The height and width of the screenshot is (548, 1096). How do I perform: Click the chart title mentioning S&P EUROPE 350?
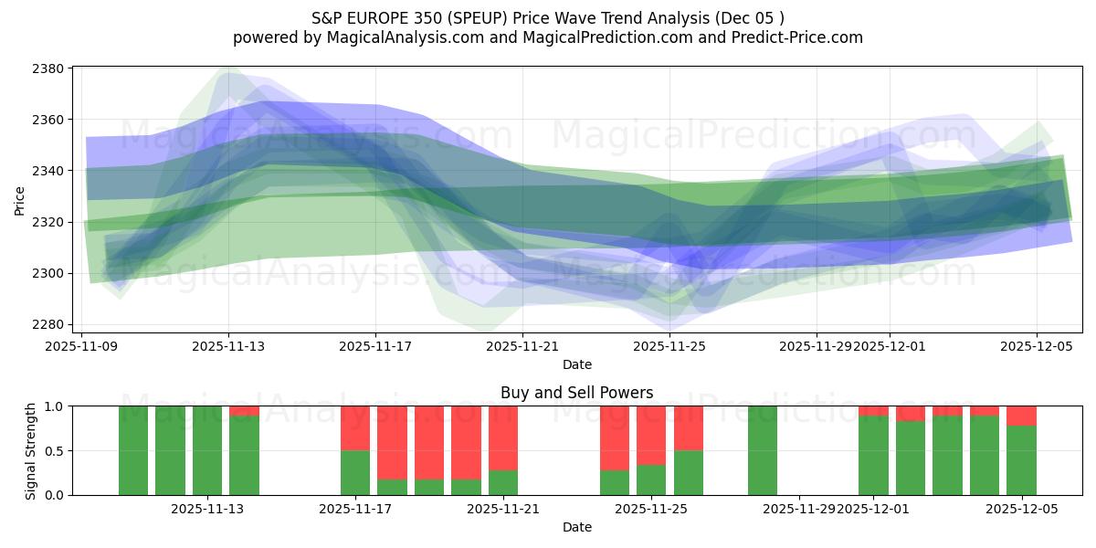pos(548,17)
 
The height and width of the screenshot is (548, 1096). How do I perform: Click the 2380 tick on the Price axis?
pos(51,68)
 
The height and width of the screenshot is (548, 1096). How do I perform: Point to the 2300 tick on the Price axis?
pos(51,273)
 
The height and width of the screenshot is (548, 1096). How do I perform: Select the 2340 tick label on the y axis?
pos(51,171)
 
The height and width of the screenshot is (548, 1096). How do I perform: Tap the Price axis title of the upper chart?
pos(20,199)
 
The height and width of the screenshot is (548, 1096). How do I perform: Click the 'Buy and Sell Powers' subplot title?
pos(576,393)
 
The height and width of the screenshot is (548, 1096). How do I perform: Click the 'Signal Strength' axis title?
pos(30,450)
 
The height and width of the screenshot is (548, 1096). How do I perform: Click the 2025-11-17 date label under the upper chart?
pos(375,346)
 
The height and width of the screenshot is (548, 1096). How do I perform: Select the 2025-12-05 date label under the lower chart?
pos(1022,509)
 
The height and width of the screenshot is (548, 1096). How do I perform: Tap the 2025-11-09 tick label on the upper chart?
pos(83,346)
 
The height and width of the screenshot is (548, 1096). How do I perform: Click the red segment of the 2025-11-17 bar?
pos(355,427)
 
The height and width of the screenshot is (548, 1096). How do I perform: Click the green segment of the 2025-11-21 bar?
pos(503,482)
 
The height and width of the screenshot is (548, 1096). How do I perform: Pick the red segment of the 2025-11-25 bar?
pos(651,435)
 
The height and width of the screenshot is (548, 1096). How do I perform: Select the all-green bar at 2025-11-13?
pos(207,450)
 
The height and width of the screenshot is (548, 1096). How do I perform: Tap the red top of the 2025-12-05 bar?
pos(1021,416)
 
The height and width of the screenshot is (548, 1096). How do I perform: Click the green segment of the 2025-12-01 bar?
pos(873,455)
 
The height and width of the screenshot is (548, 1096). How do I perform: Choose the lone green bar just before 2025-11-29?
pos(763,450)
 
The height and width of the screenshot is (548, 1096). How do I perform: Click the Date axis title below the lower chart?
pos(576,527)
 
